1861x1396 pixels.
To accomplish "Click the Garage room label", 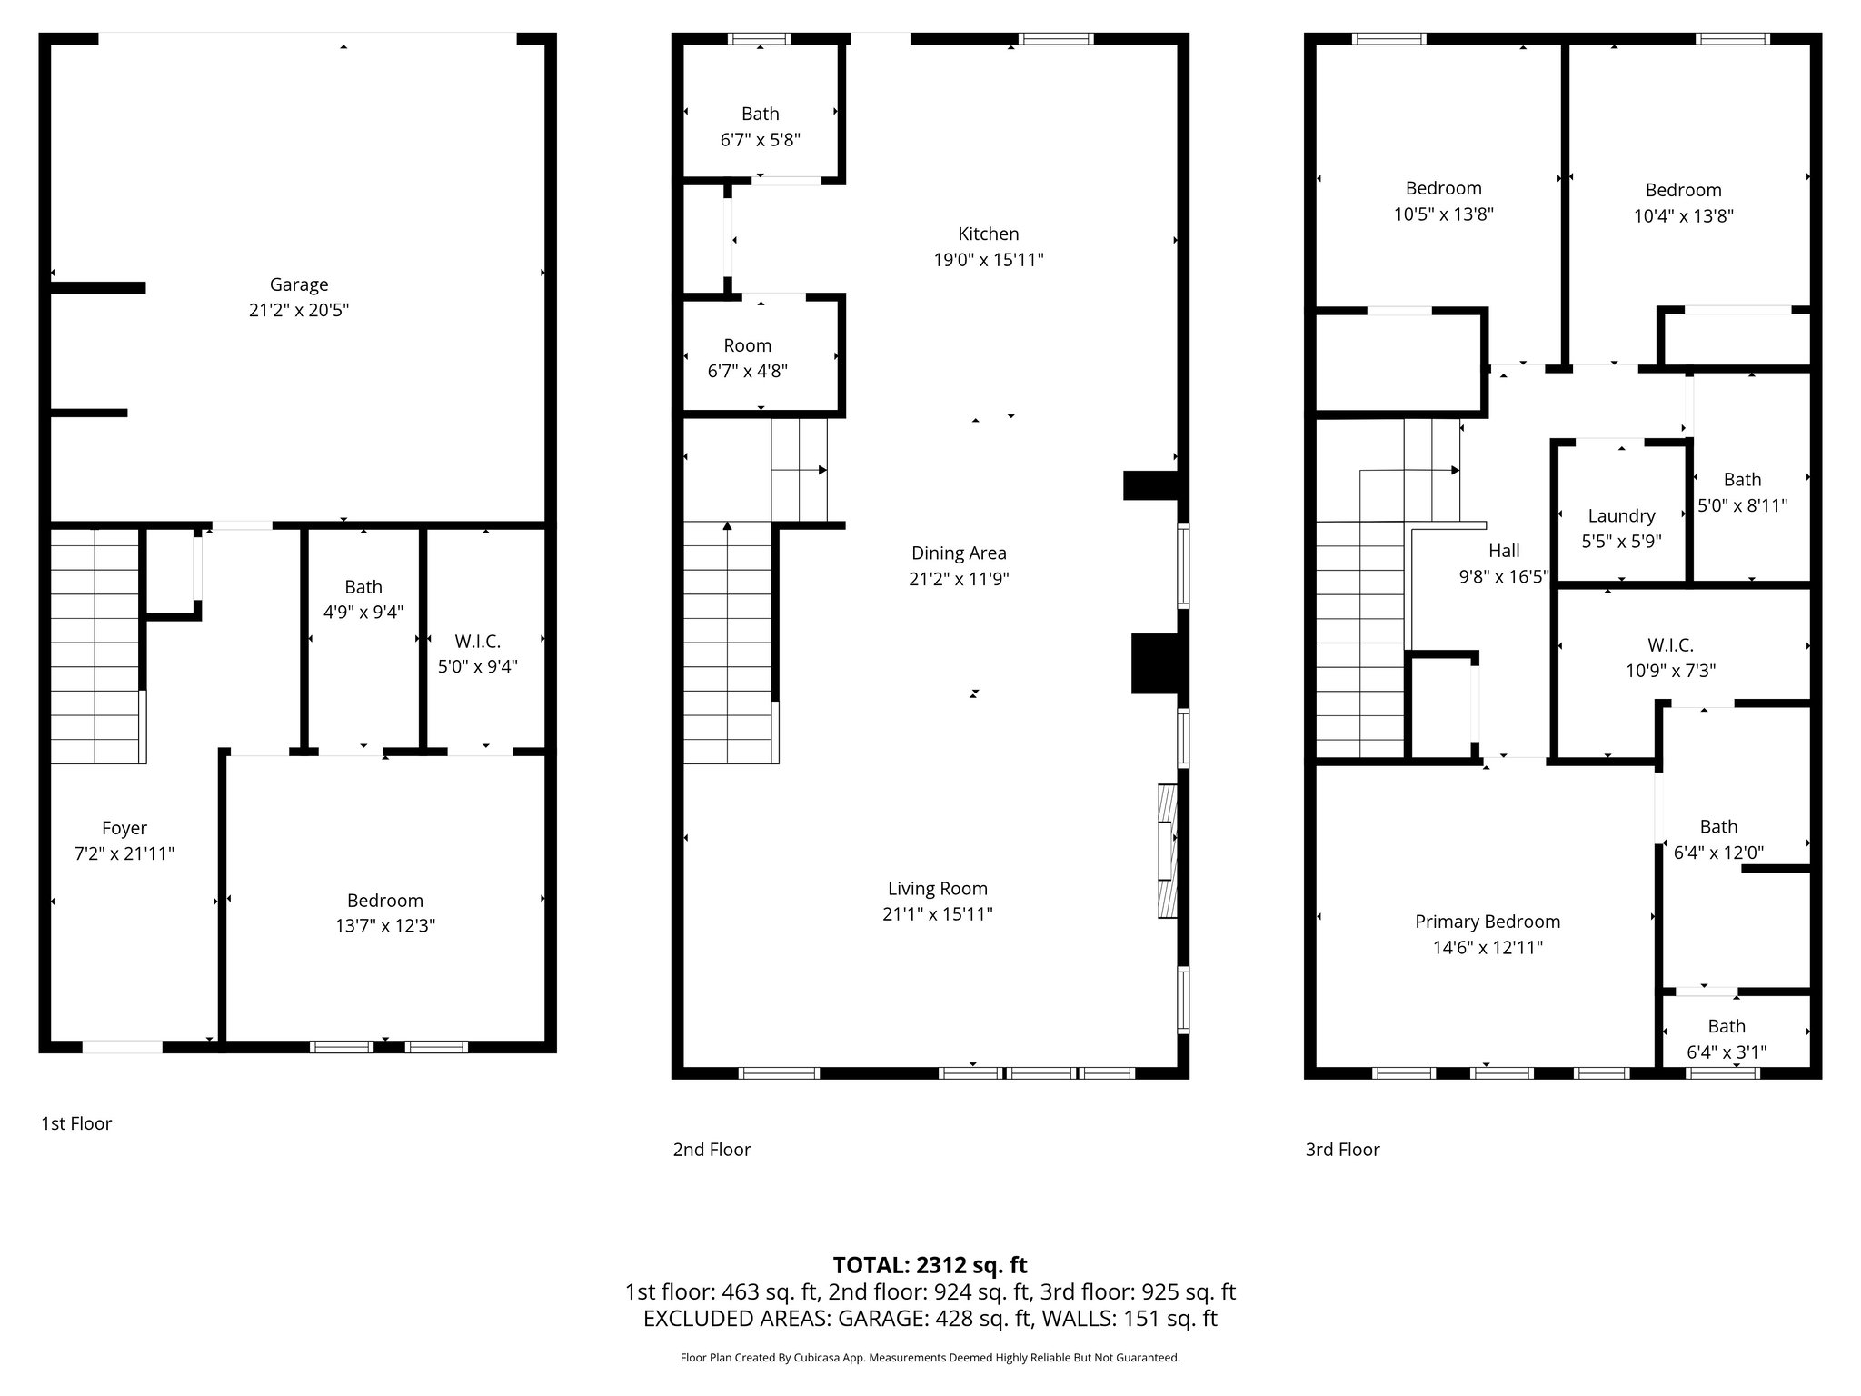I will pos(298,284).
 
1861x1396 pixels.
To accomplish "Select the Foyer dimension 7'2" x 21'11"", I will pos(124,853).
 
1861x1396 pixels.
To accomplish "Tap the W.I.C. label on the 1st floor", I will pos(478,642).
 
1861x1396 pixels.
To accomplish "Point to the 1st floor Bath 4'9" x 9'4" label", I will pos(363,587).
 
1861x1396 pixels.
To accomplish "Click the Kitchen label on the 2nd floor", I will pos(988,234).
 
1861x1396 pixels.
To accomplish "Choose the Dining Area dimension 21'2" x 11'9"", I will pos(959,579).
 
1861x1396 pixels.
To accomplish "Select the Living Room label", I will pos(937,888).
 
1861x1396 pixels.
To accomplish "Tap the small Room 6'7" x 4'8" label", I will pos(747,345).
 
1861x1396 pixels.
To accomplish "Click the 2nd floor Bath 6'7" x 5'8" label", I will pos(760,114).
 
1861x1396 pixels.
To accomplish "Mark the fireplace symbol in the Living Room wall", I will pos(1167,851).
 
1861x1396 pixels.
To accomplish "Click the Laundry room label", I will pos(1621,515).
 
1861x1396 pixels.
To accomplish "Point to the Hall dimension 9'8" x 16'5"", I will pos(1503,576).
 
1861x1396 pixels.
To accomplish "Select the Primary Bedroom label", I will pos(1487,922).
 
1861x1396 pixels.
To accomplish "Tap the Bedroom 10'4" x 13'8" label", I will pos(1683,190).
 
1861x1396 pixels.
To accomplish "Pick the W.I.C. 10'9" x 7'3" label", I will pos(1670,645).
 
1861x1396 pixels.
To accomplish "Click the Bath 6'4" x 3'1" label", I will pos(1726,1026).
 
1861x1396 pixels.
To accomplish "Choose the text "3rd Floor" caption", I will pos(1342,1150).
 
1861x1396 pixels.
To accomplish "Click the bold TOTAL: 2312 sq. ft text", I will pos(930,1265).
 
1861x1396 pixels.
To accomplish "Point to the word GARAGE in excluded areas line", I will pos(882,1319).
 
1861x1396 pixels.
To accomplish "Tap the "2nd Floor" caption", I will pos(712,1150).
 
